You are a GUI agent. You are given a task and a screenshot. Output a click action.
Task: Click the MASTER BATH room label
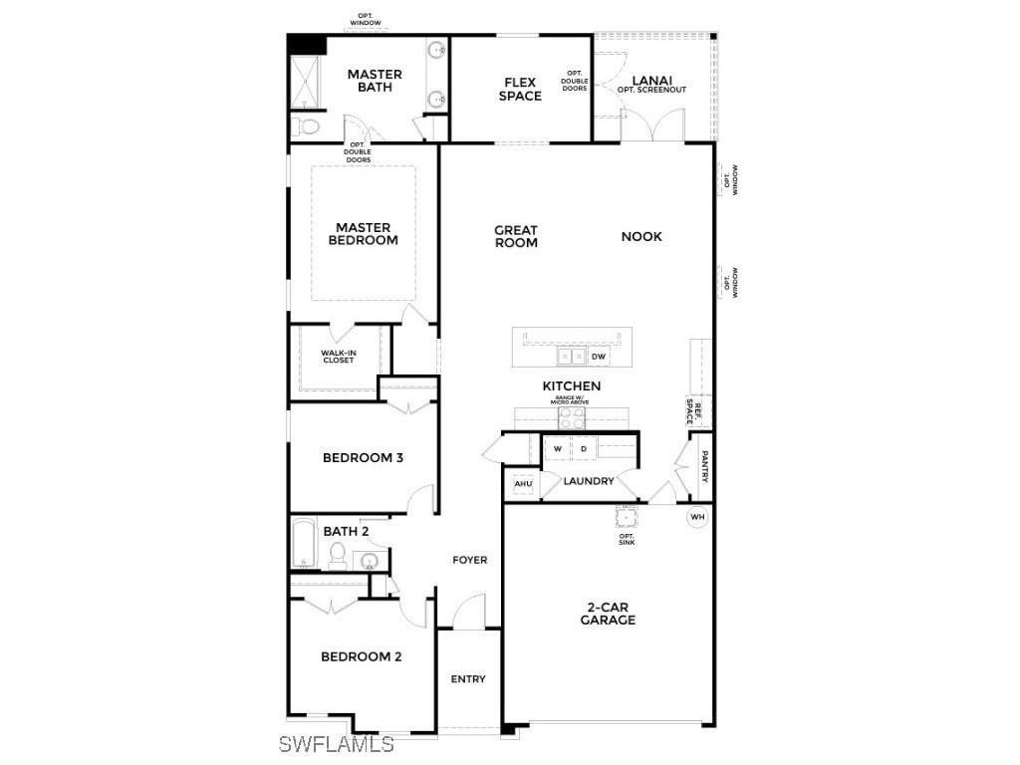pyautogui.click(x=375, y=81)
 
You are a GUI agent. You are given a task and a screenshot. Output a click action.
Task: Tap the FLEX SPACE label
pyautogui.click(x=520, y=90)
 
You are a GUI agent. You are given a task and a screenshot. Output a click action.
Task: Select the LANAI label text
pyautogui.click(x=652, y=81)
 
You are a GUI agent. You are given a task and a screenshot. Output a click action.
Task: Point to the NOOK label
pyautogui.click(x=641, y=237)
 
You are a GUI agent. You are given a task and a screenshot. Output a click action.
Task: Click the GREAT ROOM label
pyautogui.click(x=516, y=236)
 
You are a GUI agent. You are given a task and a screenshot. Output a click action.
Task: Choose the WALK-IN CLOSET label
pyautogui.click(x=338, y=356)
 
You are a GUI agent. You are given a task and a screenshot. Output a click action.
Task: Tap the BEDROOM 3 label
pyautogui.click(x=363, y=458)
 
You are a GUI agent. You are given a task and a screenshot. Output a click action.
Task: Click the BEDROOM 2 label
pyautogui.click(x=361, y=656)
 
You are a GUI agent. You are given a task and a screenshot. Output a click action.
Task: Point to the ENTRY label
pyautogui.click(x=468, y=679)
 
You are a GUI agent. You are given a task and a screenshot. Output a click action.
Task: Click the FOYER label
pyautogui.click(x=470, y=560)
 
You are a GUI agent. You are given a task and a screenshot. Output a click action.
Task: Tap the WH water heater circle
pyautogui.click(x=697, y=517)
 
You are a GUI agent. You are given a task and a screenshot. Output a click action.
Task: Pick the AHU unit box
pyautogui.click(x=523, y=485)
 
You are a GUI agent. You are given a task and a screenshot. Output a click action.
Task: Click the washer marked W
pyautogui.click(x=558, y=450)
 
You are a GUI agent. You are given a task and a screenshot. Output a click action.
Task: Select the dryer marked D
pyautogui.click(x=584, y=450)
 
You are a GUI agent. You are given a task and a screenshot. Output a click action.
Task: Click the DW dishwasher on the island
pyautogui.click(x=599, y=357)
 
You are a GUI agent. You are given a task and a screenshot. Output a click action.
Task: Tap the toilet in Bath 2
pyautogui.click(x=336, y=556)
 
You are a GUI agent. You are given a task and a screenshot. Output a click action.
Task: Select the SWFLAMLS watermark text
pyautogui.click(x=337, y=744)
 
